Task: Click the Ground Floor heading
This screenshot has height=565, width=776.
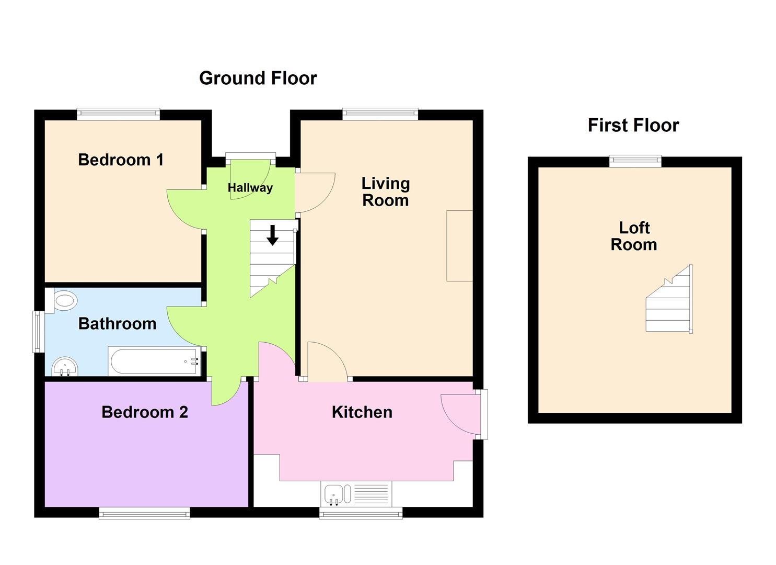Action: [x=258, y=78]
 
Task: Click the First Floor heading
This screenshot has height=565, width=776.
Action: [x=633, y=125]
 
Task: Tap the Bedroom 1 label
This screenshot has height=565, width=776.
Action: [x=121, y=160]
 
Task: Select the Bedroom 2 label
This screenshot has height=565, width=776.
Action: [x=145, y=412]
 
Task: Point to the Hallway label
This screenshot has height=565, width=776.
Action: [x=250, y=188]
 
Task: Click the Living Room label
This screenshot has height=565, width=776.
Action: [x=386, y=191]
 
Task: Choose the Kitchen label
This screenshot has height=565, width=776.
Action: [x=362, y=412]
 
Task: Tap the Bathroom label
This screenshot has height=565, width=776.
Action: [x=117, y=324]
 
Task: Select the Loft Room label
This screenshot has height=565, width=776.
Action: [x=634, y=236]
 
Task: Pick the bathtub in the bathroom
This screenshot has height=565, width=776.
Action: [x=155, y=361]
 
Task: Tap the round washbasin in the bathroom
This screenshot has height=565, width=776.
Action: [x=65, y=367]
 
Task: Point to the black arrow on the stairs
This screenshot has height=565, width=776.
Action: [x=272, y=235]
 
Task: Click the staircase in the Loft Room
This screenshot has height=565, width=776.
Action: [x=669, y=301]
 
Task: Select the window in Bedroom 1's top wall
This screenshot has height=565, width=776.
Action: [x=118, y=114]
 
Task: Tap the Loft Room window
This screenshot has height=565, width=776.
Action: [x=635, y=161]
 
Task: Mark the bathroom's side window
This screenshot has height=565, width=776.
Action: [x=38, y=331]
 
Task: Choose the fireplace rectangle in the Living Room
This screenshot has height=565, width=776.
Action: [x=459, y=246]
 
